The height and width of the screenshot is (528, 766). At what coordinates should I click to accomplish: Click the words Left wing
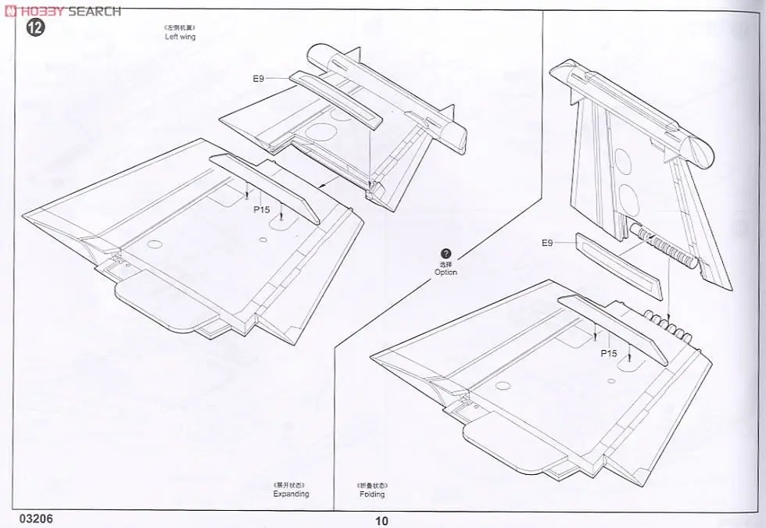(180, 37)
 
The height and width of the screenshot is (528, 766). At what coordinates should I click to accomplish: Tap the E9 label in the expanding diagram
(259, 78)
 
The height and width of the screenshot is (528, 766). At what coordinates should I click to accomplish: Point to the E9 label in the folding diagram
(547, 243)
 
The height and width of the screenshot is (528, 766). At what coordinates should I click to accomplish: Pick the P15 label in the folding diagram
(609, 353)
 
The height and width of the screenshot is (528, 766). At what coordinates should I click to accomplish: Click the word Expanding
(291, 494)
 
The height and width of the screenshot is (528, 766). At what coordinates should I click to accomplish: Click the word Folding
(372, 494)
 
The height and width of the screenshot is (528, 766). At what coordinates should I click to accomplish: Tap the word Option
(446, 272)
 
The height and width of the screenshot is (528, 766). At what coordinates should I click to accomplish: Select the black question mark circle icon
(446, 254)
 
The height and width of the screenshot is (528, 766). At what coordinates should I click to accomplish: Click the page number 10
(381, 522)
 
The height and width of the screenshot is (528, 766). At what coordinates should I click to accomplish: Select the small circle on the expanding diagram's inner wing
(155, 245)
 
